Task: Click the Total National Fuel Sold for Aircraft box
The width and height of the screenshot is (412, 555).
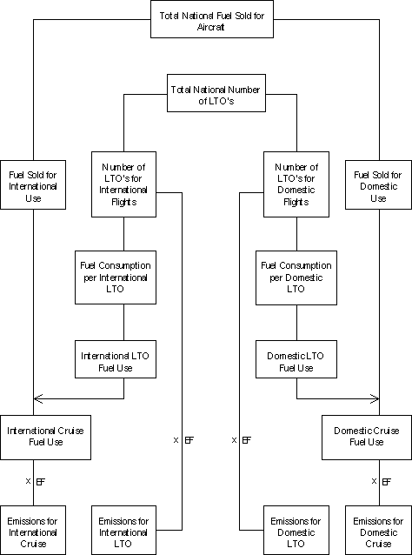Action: [212, 19]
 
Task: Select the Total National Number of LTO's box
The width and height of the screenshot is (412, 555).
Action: [216, 93]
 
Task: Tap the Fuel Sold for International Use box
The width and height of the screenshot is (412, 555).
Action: [33, 184]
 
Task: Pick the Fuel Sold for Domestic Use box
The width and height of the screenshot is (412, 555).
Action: [378, 184]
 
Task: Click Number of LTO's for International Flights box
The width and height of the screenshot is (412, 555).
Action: [123, 184]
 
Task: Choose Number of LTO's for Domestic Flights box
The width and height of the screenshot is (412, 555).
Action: [296, 184]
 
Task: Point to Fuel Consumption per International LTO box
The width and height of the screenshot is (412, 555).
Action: [116, 277]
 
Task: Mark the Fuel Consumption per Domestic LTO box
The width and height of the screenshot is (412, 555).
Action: [296, 277]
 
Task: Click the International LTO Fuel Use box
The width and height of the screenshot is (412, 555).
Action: [116, 359]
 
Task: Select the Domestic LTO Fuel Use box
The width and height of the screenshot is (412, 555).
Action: [296, 359]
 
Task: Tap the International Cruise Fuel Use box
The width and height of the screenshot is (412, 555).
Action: [45, 438]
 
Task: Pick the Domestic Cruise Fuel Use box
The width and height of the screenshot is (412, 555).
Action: [367, 438]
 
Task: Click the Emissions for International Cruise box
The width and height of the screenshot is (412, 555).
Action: [33, 531]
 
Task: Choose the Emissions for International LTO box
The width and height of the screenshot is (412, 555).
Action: [123, 531]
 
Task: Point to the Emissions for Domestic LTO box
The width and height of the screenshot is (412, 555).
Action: [296, 531]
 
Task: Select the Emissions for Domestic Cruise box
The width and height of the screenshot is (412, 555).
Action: [378, 531]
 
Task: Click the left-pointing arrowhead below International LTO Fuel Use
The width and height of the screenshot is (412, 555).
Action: [38, 399]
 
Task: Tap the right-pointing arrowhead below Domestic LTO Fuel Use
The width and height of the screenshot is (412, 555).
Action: [375, 399]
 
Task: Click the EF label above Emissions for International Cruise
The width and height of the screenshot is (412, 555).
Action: [41, 481]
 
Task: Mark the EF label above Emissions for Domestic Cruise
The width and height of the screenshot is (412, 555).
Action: [387, 481]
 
